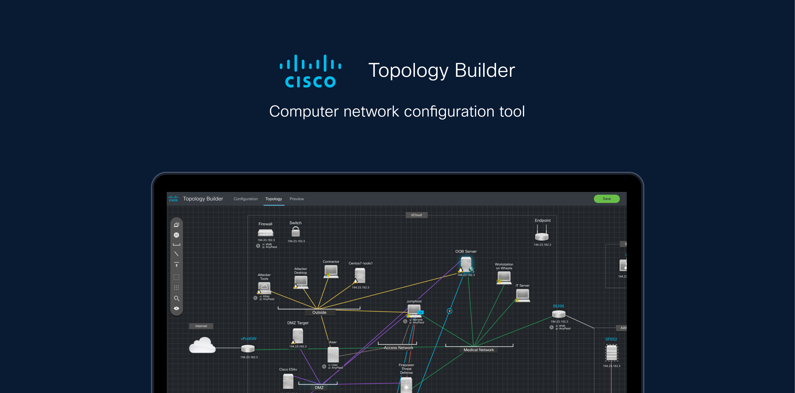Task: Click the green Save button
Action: coord(606,199)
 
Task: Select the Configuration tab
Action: coord(245,199)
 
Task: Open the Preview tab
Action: coord(297,199)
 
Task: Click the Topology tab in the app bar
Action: coord(273,199)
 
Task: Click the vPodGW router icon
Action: coord(248,349)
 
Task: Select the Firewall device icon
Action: coord(265,232)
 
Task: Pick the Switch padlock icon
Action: coord(296,232)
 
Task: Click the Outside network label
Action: coord(319,312)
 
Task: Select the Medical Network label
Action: coord(478,350)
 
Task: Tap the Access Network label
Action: coord(398,348)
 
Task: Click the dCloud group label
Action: coord(416,215)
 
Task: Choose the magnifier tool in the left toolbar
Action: coord(177,298)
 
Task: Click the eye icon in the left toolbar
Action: coord(177,308)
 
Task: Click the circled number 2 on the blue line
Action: coord(449,311)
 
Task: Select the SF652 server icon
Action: coord(611,353)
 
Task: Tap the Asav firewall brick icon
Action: coord(333,355)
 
